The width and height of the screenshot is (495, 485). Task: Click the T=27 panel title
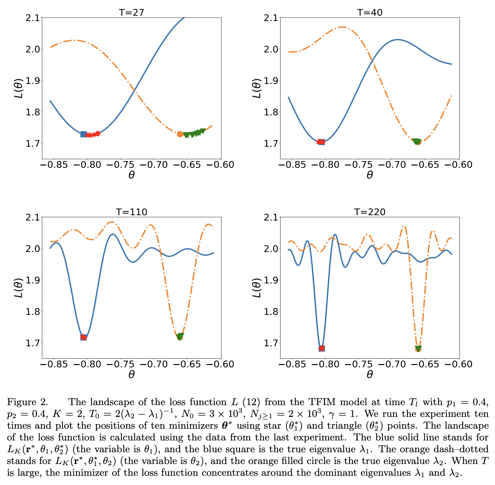(132, 12)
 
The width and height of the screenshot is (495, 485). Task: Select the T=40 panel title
(370, 12)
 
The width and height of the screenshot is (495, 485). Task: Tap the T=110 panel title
(132, 212)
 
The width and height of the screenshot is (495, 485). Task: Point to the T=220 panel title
(370, 212)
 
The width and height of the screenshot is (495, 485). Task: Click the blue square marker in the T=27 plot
(83, 134)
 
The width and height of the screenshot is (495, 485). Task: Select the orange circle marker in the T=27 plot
(180, 134)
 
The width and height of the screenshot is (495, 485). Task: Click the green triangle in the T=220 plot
(418, 348)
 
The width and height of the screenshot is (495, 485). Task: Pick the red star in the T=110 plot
(84, 337)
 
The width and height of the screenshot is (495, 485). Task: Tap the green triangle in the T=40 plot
(417, 142)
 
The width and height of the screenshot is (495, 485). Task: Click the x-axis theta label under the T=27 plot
(132, 175)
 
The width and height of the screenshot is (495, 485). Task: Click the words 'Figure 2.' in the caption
(27, 402)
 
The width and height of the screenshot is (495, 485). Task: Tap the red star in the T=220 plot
(322, 348)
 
